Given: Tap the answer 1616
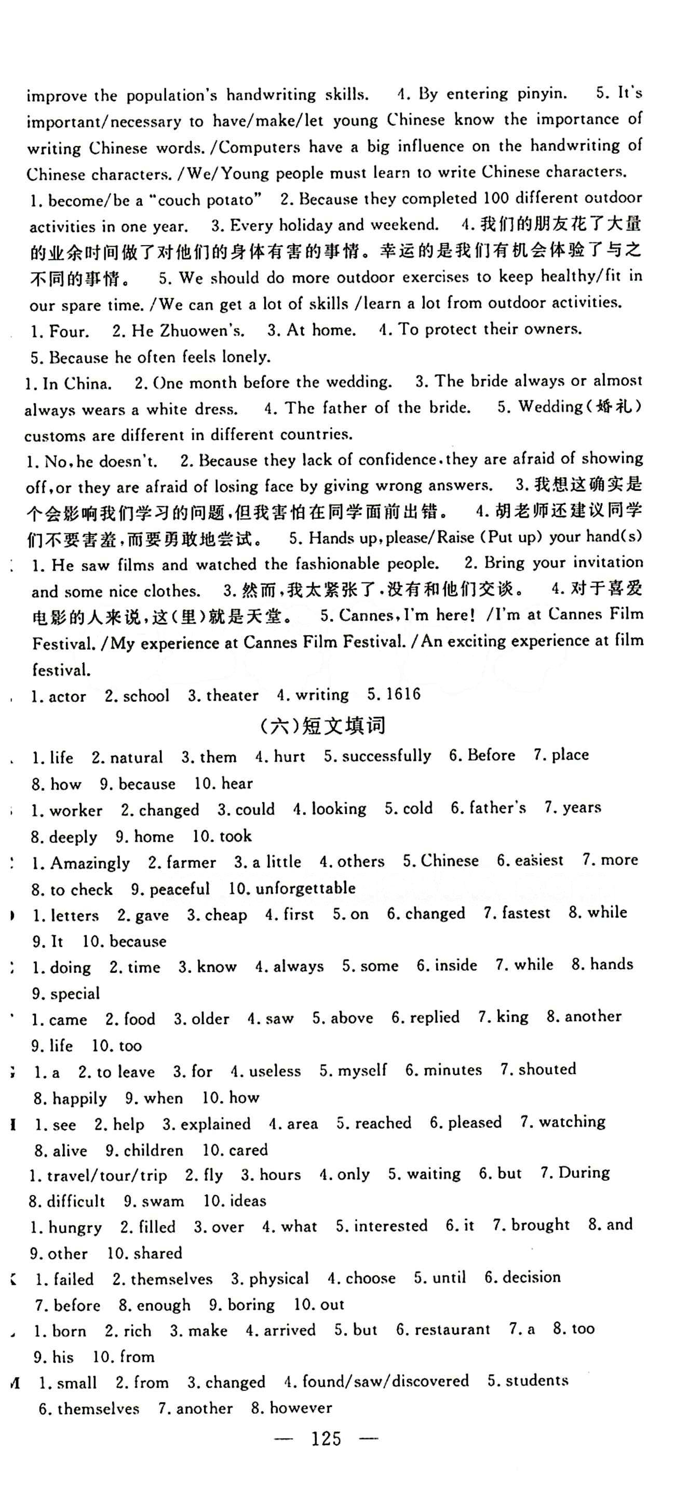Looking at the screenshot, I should (403, 694).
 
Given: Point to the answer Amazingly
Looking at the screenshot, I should (90, 863).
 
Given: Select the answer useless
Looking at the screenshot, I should (275, 1071).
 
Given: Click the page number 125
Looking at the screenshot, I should (326, 1438).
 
